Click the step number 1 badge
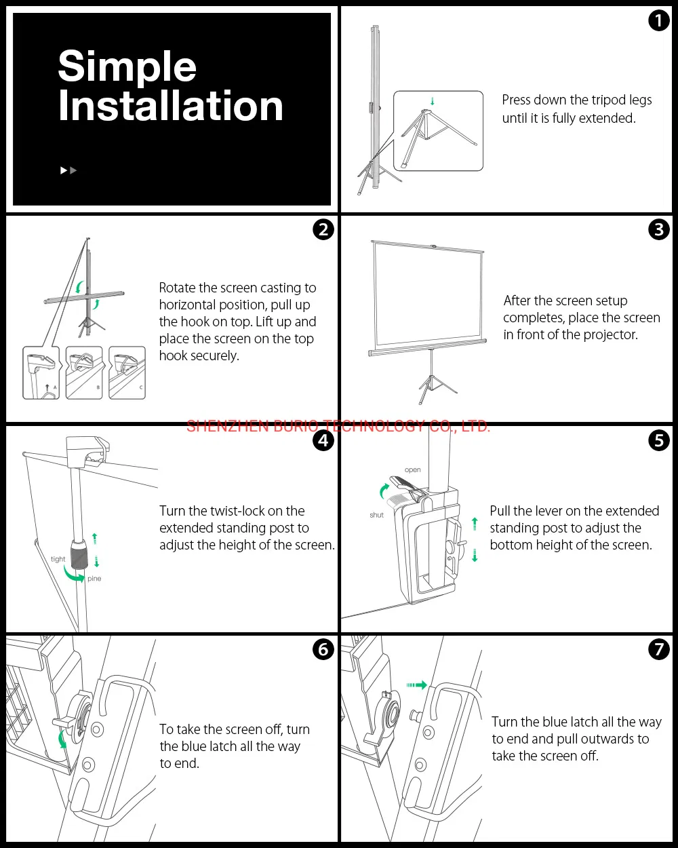pos(658,21)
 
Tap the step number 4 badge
pos(323,440)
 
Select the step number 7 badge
pos(658,649)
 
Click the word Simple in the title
pos(127,66)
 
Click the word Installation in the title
pos(170,107)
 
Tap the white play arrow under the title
pos(64,170)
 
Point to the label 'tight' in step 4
pos(58,560)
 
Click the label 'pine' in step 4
pos(94,579)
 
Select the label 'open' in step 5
pos(412,469)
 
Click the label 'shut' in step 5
pos(376,515)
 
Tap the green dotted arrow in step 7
pos(416,685)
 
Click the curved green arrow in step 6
pos(62,738)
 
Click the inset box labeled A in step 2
pos(41,372)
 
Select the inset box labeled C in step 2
pos(127,372)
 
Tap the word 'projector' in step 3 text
pos(608,335)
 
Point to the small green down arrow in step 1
pos(433,102)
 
